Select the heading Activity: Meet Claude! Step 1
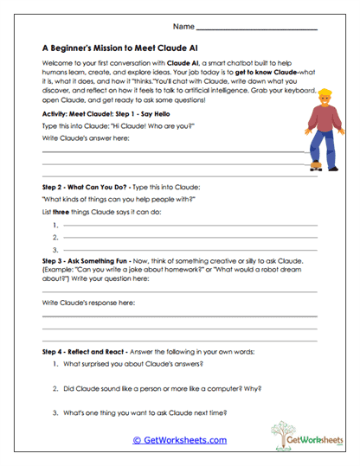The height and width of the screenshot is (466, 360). (108, 113)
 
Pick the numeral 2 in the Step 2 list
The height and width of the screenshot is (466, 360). (55, 237)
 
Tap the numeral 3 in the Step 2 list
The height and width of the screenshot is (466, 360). (55, 249)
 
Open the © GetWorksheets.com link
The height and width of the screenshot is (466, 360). (179, 440)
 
